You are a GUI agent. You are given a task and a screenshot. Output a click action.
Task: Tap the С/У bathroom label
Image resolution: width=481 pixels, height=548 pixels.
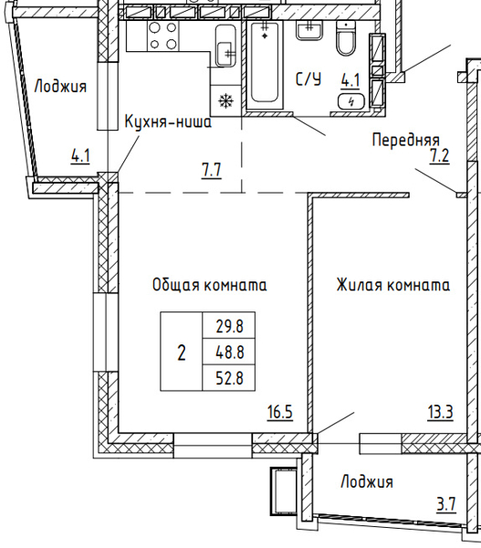pos(308,79)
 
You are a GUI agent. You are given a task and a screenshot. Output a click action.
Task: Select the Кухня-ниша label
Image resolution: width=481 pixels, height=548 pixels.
pos(168,121)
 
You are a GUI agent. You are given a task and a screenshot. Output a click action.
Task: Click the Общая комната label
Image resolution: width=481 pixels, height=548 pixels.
pos(209,285)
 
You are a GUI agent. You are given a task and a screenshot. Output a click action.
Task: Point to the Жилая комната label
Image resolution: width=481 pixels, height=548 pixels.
pos(392,285)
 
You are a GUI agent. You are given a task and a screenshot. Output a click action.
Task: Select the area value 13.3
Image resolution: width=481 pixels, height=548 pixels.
pos(438,412)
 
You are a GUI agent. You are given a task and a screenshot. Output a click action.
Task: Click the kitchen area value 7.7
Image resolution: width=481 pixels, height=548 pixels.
pos(211,168)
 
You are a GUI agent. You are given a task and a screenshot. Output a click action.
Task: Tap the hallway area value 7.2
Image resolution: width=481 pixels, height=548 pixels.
pos(440,155)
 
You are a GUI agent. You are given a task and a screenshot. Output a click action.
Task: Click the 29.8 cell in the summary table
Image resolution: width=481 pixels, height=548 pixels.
pos(229,324)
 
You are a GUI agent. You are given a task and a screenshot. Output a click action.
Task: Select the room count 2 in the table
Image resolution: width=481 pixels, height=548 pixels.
pos(181,352)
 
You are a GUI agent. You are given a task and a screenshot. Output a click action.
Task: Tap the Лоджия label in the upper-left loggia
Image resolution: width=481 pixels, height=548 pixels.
pos(60,87)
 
